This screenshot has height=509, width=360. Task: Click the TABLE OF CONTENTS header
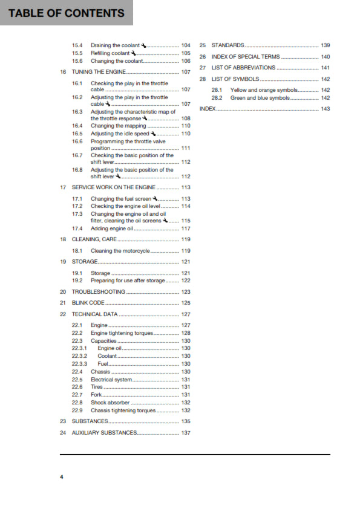[67, 13]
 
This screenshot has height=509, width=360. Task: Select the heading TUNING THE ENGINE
[100, 72]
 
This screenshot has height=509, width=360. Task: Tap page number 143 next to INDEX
[325, 109]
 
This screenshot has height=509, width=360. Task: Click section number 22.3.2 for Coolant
[79, 356]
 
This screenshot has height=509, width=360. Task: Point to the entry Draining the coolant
[115, 45]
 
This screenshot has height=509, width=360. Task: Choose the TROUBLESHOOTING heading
[99, 292]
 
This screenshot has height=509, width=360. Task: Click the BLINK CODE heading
[88, 302]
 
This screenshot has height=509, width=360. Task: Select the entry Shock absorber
[110, 403]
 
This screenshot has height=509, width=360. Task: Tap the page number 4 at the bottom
[61, 478]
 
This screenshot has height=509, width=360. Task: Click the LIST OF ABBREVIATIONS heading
[243, 68]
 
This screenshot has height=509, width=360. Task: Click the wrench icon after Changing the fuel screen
[155, 198]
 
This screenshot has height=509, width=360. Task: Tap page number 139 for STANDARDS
[325, 45]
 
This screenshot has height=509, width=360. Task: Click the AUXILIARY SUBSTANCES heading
[104, 433]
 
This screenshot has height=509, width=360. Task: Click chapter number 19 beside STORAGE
[63, 262]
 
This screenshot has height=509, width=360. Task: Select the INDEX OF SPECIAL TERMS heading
[246, 57]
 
